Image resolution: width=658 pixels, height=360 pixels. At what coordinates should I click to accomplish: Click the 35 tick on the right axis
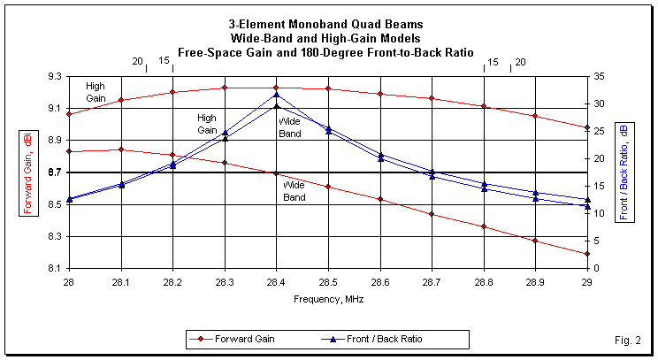tap(600, 76)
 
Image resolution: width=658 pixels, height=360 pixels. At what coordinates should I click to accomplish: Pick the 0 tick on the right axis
tap(597, 268)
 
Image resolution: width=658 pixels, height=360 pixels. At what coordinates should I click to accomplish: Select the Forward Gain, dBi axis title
tap(27, 172)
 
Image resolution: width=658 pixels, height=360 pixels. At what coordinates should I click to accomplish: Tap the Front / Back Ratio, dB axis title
tap(624, 172)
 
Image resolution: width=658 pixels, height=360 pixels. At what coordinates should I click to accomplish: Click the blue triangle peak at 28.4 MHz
tap(277, 95)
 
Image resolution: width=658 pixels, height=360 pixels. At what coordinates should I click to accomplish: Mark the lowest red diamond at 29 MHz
tap(587, 254)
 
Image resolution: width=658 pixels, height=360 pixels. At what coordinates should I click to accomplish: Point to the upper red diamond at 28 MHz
tap(69, 114)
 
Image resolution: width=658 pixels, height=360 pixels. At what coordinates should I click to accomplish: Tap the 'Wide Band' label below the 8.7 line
tap(295, 192)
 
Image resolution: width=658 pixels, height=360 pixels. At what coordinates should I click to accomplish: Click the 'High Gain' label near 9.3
tap(96, 91)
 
